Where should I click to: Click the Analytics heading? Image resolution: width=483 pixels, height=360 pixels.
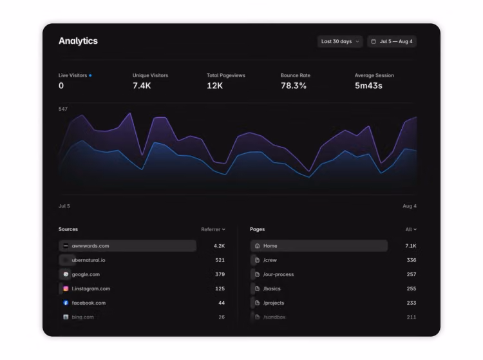pyautogui.click(x=78, y=41)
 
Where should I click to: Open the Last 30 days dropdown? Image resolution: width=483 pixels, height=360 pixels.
pyautogui.click(x=340, y=41)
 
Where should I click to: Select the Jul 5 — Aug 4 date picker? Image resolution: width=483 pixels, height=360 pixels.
pyautogui.click(x=392, y=41)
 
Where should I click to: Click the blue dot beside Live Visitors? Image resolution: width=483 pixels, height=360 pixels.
pyautogui.click(x=90, y=75)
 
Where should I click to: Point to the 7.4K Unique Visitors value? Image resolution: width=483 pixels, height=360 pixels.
pyautogui.click(x=142, y=86)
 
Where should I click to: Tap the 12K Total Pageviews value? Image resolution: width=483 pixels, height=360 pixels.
pyautogui.click(x=214, y=86)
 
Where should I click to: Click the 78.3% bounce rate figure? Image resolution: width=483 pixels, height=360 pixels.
pyautogui.click(x=294, y=86)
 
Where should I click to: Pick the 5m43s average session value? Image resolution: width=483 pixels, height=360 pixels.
pyautogui.click(x=368, y=86)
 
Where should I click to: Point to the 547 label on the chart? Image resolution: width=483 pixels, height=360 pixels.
pyautogui.click(x=63, y=109)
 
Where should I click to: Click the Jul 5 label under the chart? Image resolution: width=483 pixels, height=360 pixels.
pyautogui.click(x=64, y=206)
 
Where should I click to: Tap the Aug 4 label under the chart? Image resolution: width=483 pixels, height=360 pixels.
pyautogui.click(x=410, y=206)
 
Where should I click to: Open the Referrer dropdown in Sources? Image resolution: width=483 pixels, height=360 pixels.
pyautogui.click(x=213, y=229)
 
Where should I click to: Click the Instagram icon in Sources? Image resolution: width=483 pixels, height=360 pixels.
pyautogui.click(x=66, y=289)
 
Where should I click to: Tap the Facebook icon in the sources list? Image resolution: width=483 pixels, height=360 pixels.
pyautogui.click(x=66, y=303)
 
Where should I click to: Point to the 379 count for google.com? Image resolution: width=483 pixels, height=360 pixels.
pyautogui.click(x=220, y=274)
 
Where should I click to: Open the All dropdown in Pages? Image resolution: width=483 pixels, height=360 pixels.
pyautogui.click(x=411, y=229)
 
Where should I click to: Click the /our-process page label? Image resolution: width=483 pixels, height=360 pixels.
pyautogui.click(x=278, y=274)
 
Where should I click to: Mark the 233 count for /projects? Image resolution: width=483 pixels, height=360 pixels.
pyautogui.click(x=412, y=303)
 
